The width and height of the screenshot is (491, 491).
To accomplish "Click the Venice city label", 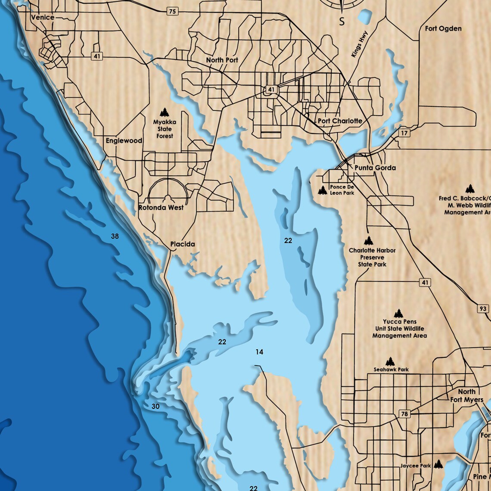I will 43,17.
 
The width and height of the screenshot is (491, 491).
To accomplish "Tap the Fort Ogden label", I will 443,28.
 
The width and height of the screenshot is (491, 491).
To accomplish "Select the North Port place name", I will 222,60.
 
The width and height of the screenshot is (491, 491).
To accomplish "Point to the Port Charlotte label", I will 340,121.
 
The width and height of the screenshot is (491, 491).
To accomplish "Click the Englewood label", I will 124,141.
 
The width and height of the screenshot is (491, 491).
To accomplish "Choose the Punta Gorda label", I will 375,168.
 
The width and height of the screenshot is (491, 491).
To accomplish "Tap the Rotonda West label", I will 161,208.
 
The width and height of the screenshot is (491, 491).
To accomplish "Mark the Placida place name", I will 182,244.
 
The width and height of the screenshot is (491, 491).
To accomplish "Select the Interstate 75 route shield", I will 172,12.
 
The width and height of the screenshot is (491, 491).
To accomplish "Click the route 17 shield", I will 404,133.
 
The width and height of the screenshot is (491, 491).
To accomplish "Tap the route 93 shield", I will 483,309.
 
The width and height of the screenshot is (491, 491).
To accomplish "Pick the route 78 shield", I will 404,414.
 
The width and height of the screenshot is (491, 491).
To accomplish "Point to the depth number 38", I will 115,236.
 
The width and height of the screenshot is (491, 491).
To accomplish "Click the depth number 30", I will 155,406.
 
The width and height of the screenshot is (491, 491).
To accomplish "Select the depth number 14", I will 259,352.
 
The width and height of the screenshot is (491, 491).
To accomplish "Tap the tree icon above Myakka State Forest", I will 164,113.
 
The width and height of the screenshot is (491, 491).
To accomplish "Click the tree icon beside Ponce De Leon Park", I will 322,190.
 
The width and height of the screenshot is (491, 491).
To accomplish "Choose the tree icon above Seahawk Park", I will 390,361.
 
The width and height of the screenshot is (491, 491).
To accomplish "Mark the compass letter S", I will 342,22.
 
